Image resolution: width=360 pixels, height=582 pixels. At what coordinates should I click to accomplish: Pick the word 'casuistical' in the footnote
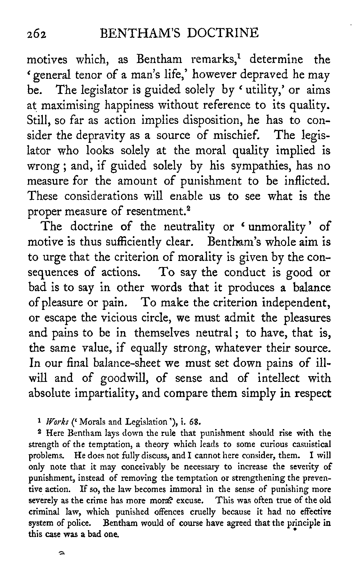(x=312, y=440)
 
